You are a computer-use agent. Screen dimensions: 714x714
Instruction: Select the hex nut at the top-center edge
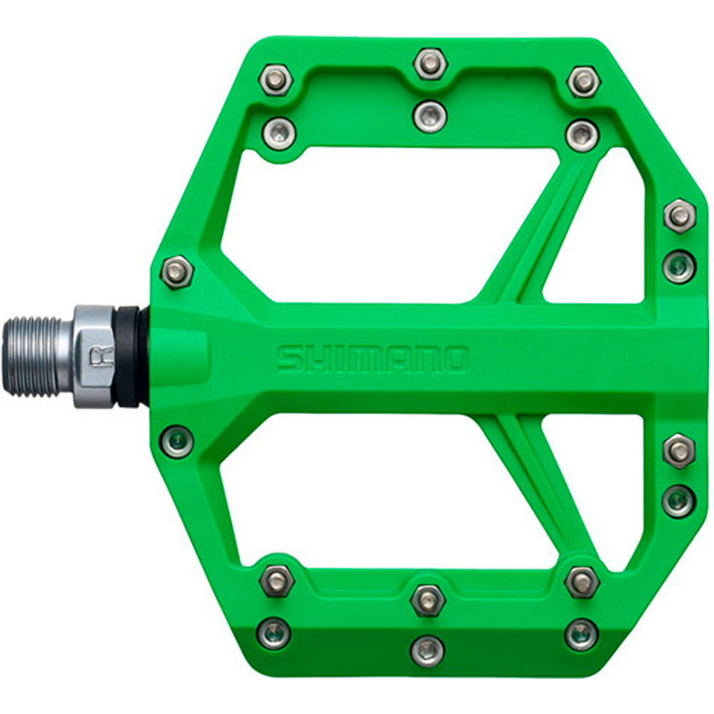[430, 64]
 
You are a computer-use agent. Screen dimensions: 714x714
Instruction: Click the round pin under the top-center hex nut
[430, 116]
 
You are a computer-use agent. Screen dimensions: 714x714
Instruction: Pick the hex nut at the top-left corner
[276, 80]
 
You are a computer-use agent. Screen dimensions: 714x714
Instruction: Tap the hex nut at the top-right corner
[583, 82]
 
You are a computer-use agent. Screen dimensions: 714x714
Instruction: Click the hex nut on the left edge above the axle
[176, 272]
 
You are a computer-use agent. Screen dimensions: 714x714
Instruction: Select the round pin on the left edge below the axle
[176, 441]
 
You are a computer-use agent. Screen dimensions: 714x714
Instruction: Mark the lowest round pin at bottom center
[428, 650]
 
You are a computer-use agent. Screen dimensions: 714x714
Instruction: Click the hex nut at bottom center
[428, 600]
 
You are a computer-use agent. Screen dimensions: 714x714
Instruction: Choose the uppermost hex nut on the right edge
[679, 215]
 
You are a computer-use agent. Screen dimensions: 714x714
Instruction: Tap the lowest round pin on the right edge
[678, 501]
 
